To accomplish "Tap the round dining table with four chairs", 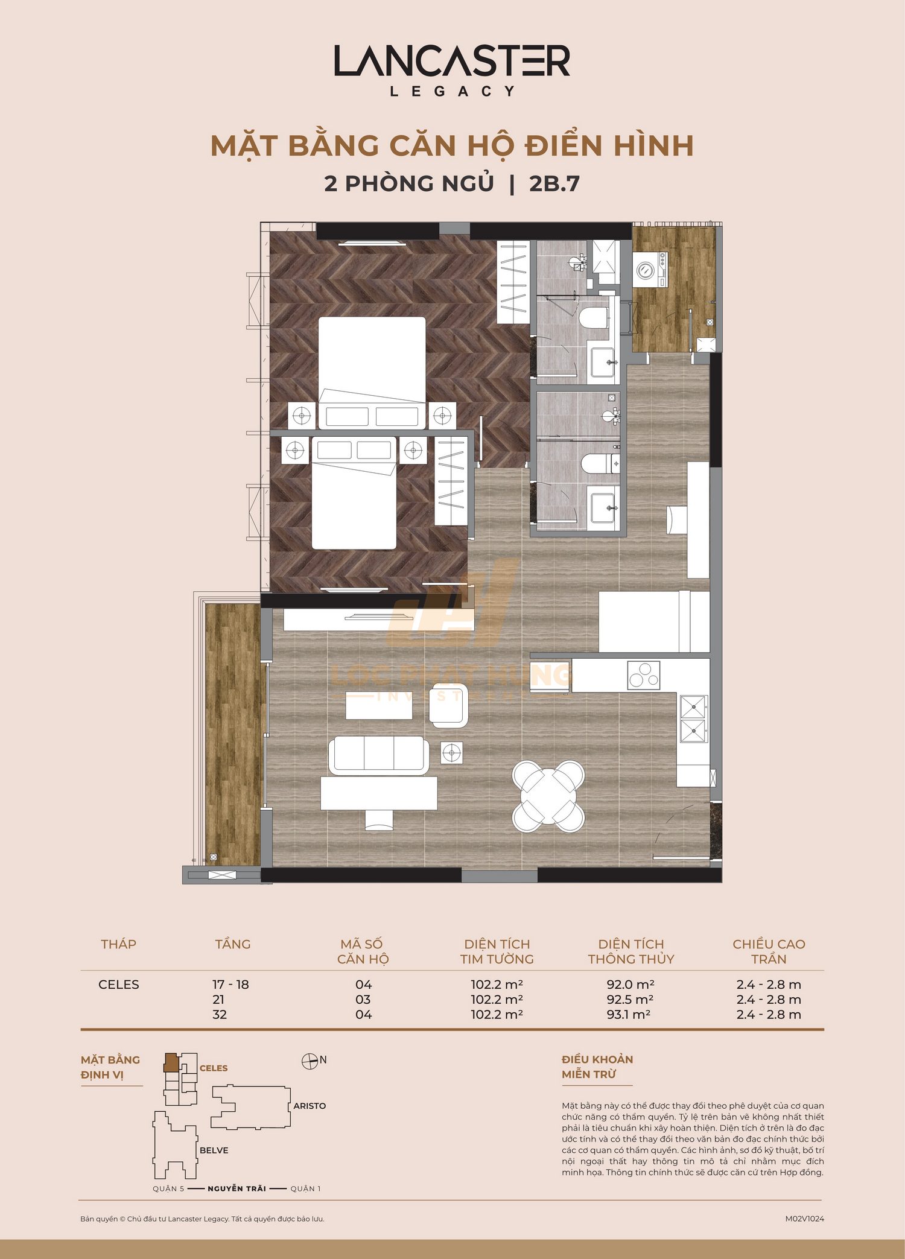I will coord(548,796).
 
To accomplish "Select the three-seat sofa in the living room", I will coord(378,755).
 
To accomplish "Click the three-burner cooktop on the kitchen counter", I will coord(643,675).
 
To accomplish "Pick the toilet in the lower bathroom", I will coord(596,464).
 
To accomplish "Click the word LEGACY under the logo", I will coord(452,92).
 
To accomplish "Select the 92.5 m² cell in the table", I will coord(630,999).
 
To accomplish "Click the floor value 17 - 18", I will coord(230,984).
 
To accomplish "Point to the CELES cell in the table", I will coord(118,984).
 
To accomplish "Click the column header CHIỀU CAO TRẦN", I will coord(768,951).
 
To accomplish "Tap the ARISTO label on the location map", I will coord(310,1106).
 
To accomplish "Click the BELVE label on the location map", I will coord(214,1150).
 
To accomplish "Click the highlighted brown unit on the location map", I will coord(171,1063).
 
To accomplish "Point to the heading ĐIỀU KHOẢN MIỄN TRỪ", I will coord(597,1067).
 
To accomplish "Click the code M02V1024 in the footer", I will coord(804,1219).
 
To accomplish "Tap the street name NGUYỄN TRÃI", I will coord(237,1188).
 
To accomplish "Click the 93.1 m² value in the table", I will coord(628,1014).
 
